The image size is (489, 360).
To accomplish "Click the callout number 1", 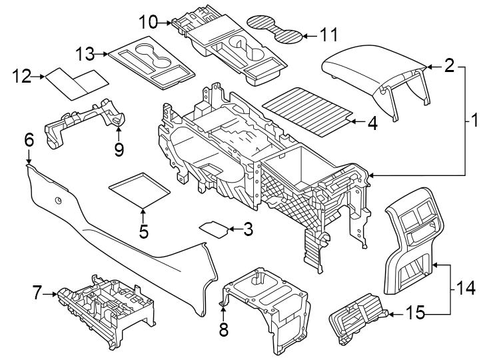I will (474, 121).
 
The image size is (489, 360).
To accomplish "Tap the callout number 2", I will (449, 65).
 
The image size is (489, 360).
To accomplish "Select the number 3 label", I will (248, 230).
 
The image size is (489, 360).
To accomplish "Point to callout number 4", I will (372, 123).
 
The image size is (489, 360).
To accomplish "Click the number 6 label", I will (29, 140).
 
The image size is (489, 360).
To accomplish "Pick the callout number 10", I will (149, 22).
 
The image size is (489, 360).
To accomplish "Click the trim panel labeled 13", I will (150, 63).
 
